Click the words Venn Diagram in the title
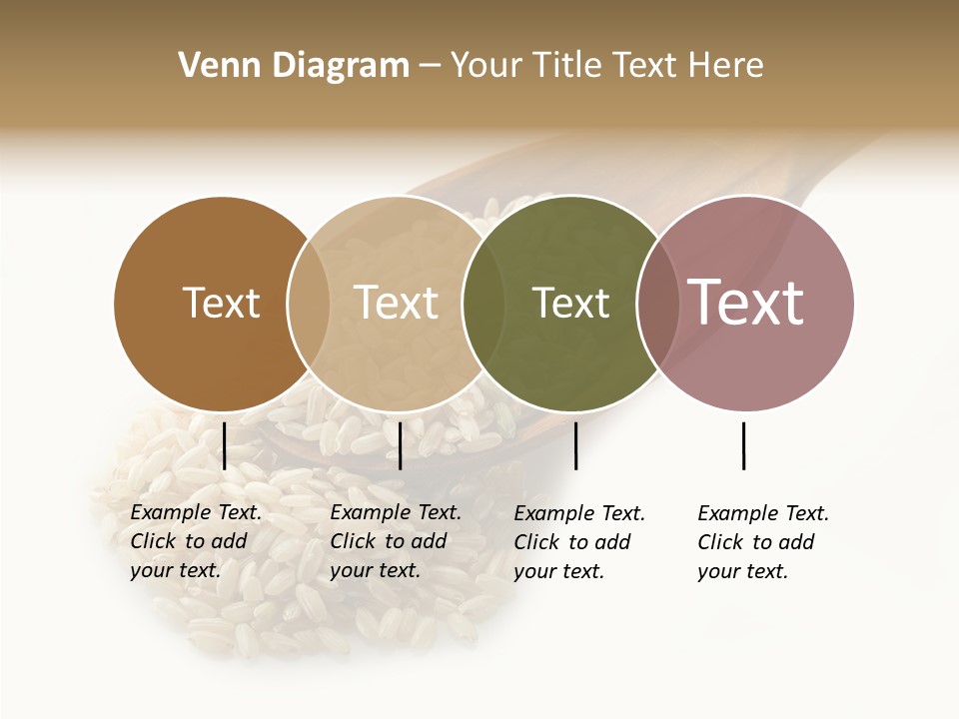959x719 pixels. (x=294, y=66)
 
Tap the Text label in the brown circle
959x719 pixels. (x=221, y=303)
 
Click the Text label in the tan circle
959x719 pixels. (x=397, y=303)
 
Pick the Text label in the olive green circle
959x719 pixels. (x=570, y=303)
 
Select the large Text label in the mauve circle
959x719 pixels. (x=745, y=303)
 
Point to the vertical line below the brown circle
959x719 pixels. (x=224, y=445)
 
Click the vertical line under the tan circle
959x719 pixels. (x=400, y=445)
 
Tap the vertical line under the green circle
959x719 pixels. (x=575, y=445)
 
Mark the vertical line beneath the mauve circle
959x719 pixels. (x=743, y=445)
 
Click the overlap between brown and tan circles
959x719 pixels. (x=309, y=303)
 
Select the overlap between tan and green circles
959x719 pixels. (x=483, y=303)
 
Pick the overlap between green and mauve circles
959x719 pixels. (x=657, y=303)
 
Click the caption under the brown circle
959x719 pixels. (x=195, y=541)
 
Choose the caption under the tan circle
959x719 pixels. (x=395, y=541)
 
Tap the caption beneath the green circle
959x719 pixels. (x=578, y=542)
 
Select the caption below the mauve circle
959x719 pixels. (x=762, y=542)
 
